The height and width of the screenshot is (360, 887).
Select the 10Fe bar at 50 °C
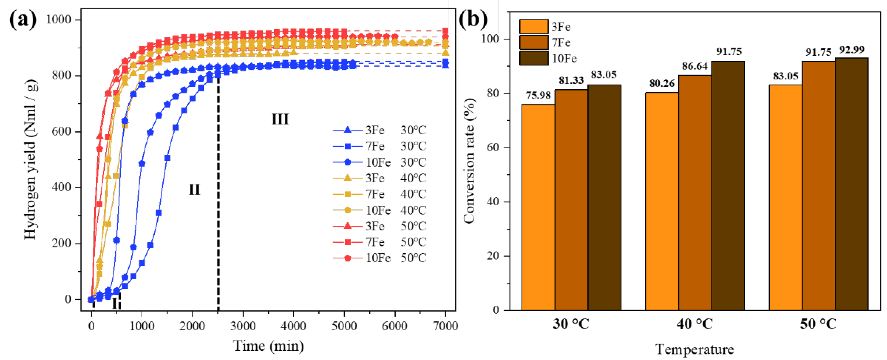tap(851, 184)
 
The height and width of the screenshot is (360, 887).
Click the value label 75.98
tap(538, 95)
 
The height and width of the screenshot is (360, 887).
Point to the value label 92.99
tap(852, 50)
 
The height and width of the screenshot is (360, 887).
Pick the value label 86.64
tap(695, 66)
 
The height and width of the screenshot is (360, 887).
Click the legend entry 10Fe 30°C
tap(379, 162)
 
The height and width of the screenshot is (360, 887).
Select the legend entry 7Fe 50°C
tap(379, 242)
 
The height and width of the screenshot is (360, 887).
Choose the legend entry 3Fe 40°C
tap(379, 178)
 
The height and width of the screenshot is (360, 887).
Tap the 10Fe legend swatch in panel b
tap(533, 58)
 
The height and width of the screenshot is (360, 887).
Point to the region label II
tap(194, 190)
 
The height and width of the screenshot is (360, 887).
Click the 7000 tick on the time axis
tap(445, 326)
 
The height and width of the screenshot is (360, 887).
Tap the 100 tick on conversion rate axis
tap(490, 39)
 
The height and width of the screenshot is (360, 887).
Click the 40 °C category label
tap(695, 324)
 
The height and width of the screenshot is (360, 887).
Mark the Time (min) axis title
tap(268, 346)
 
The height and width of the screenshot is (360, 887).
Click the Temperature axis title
tap(694, 349)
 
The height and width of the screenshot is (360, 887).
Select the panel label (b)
tap(473, 19)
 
